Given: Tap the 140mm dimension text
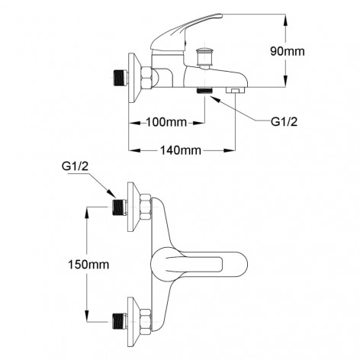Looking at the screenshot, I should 182,151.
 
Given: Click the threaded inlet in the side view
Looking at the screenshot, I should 118,77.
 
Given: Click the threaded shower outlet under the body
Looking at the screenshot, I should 204,92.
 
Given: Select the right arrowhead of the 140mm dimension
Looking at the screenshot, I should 237,151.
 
